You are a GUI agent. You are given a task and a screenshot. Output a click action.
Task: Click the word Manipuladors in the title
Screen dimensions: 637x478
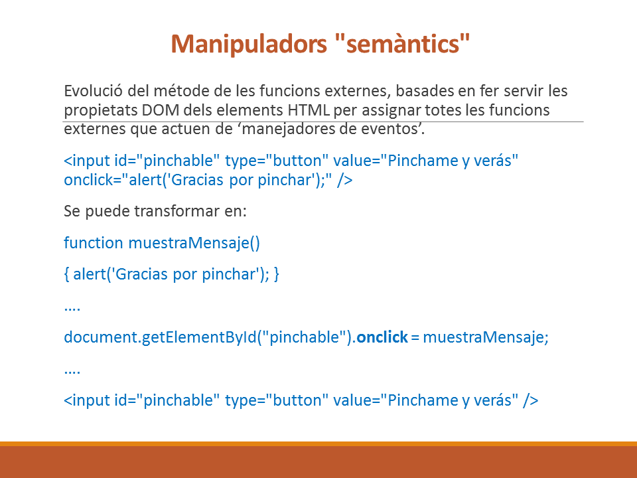(x=249, y=44)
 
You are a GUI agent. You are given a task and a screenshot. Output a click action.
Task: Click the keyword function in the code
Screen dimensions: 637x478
(x=94, y=243)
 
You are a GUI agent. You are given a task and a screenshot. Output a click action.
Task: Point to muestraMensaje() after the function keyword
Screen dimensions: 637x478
(x=194, y=243)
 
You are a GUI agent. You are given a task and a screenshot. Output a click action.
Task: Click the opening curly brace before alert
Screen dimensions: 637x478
(x=66, y=274)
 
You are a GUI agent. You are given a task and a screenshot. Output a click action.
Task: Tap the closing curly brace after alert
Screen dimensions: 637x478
(x=277, y=274)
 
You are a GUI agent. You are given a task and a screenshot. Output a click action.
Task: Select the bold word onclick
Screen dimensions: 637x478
(x=382, y=337)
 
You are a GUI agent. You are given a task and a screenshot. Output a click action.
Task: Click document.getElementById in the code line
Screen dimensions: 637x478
(x=161, y=337)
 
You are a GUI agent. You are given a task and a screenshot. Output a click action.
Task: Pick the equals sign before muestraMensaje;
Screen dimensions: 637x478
(x=415, y=338)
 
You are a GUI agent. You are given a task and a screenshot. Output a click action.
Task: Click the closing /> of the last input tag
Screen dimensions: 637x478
(x=531, y=400)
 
